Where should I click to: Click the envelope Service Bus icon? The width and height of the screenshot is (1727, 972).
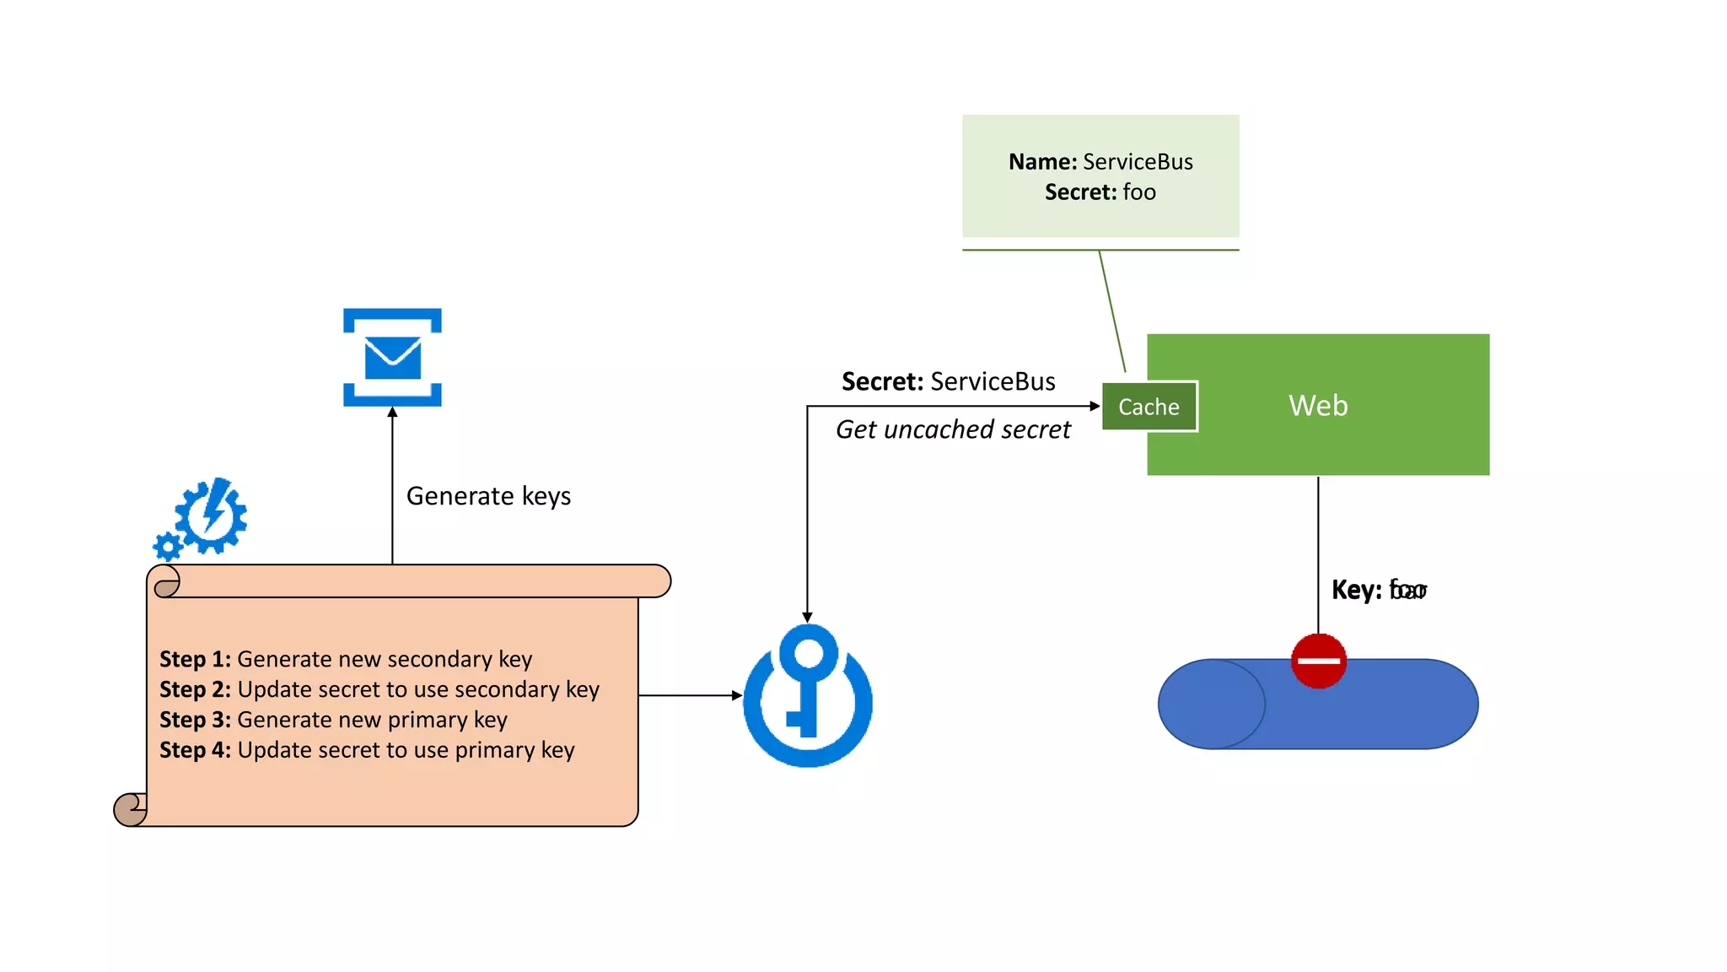tap(392, 357)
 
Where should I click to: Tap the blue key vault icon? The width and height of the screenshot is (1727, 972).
tap(808, 695)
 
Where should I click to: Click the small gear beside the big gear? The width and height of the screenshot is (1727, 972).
tap(168, 547)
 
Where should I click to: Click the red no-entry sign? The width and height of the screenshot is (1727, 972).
tap(1318, 661)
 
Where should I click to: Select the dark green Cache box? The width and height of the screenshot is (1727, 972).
tap(1149, 407)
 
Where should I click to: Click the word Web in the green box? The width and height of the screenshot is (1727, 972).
tap(1318, 406)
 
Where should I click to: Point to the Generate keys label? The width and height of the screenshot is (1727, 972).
tap(488, 496)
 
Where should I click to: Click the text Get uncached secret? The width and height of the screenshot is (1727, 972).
tap(953, 429)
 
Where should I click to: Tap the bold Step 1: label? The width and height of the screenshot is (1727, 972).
tap(195, 659)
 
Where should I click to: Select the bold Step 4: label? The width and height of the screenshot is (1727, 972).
tap(195, 750)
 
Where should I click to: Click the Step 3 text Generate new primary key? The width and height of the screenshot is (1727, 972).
tap(372, 720)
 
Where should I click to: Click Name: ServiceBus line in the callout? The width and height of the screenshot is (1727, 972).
tap(1100, 162)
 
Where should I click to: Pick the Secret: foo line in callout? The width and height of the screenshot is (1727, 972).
tap(1100, 192)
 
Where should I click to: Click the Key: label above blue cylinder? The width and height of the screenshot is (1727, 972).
tap(1356, 590)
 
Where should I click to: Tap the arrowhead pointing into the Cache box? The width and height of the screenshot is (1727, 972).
tap(1095, 406)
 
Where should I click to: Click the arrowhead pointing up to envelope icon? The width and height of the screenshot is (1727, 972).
tap(392, 413)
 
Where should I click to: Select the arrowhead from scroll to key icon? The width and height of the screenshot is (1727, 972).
tap(736, 695)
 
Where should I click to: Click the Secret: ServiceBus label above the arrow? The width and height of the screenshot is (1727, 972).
tap(948, 381)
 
